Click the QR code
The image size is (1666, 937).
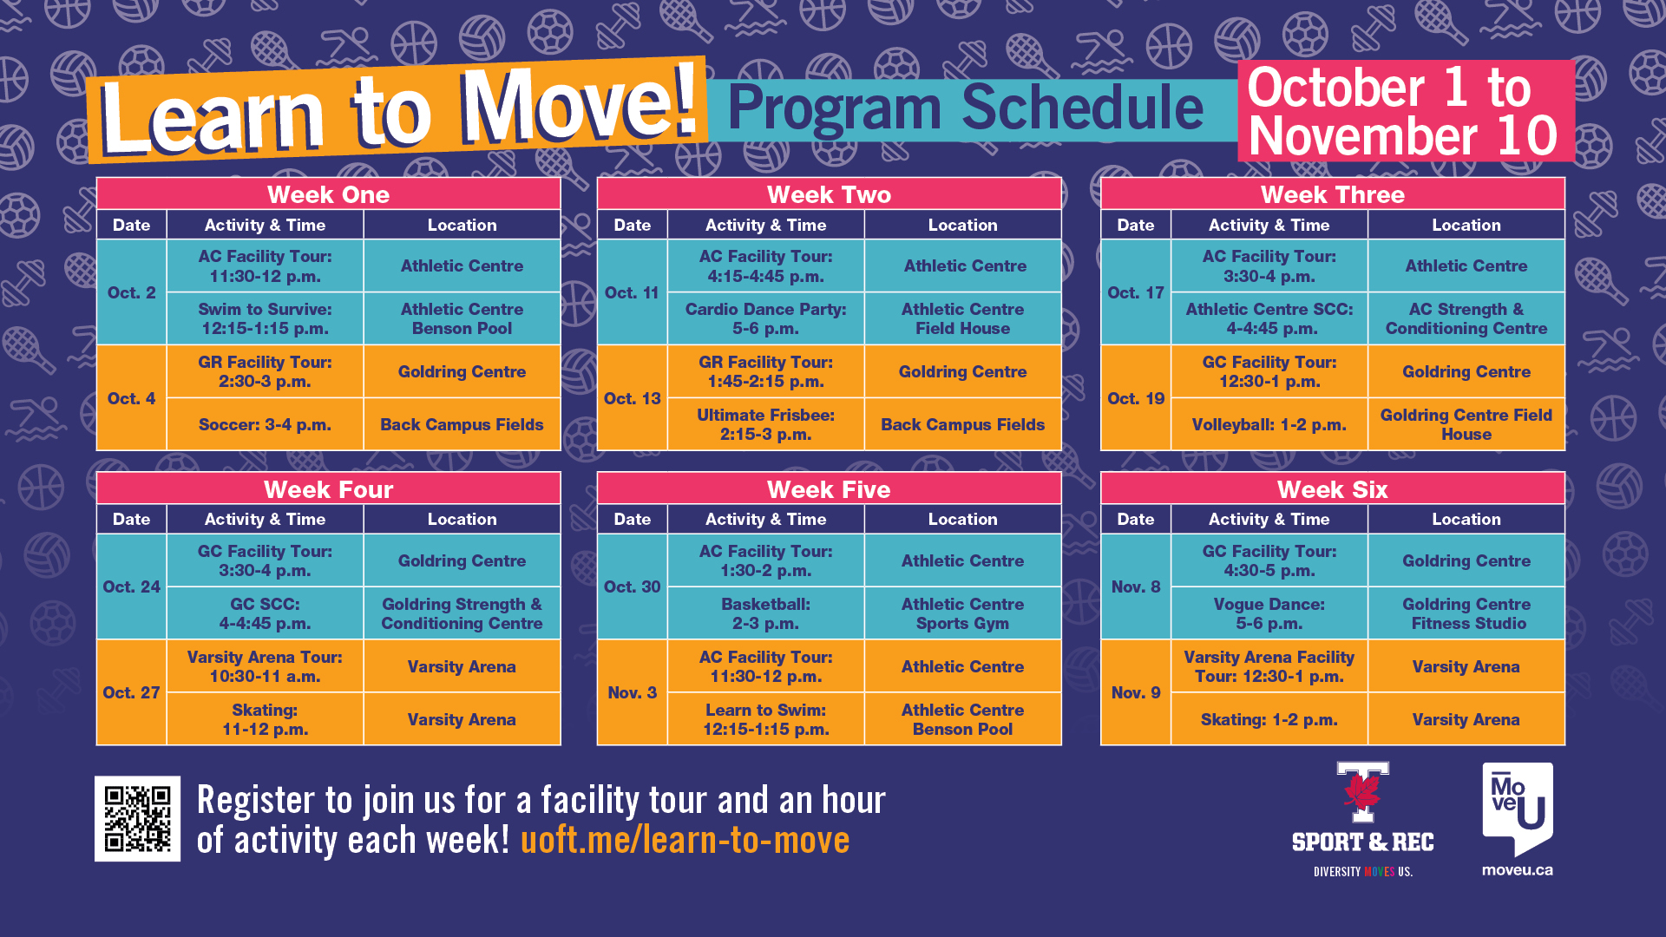(137, 818)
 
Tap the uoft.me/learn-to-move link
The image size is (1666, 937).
(685, 840)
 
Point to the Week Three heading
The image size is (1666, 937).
(1333, 194)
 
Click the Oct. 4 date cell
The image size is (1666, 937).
(132, 398)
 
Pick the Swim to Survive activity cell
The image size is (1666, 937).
(265, 318)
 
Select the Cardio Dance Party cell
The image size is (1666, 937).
(766, 318)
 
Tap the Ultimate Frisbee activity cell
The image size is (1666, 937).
(766, 424)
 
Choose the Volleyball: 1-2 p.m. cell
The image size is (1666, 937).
(1269, 424)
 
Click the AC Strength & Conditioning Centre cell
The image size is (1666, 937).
(1466, 318)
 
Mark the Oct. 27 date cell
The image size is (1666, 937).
(132, 692)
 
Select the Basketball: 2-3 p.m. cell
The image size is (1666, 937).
(766, 613)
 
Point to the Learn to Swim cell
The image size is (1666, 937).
(766, 719)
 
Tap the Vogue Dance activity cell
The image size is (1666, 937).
(1269, 613)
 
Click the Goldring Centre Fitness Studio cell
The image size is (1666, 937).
(1466, 613)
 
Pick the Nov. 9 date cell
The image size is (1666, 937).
(1136, 692)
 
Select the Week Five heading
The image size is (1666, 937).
(829, 489)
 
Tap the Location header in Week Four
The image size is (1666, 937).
(462, 519)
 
